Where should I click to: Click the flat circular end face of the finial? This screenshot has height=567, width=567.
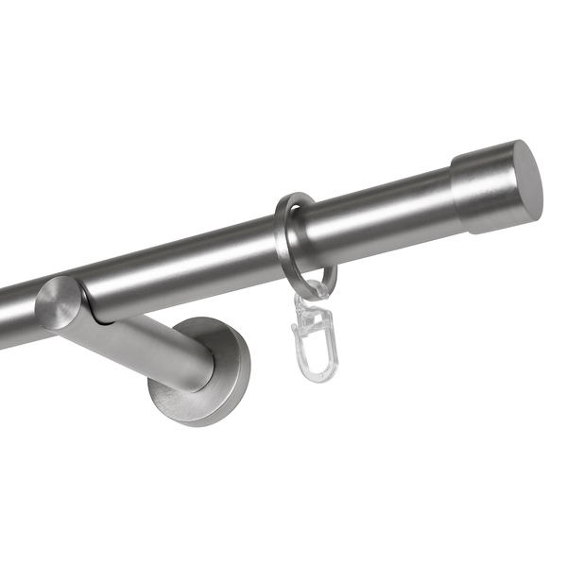524,182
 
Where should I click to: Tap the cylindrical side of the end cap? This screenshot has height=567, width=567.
482,195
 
